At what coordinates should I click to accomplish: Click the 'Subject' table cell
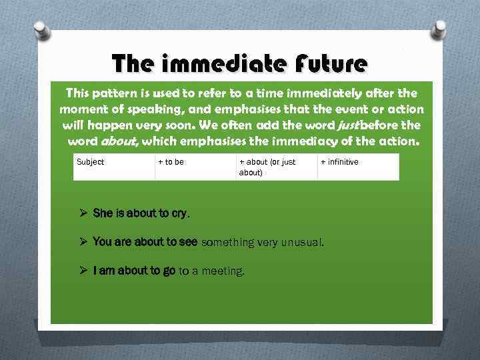[114, 167]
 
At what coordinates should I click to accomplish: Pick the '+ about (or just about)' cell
[275, 167]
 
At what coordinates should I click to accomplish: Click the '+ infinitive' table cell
[357, 167]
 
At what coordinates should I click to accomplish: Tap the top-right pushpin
[441, 31]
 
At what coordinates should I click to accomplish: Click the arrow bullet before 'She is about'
[83, 214]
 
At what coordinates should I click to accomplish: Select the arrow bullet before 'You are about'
[83, 242]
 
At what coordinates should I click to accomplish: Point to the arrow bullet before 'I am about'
[83, 271]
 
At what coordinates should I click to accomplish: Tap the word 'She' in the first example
[103, 214]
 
